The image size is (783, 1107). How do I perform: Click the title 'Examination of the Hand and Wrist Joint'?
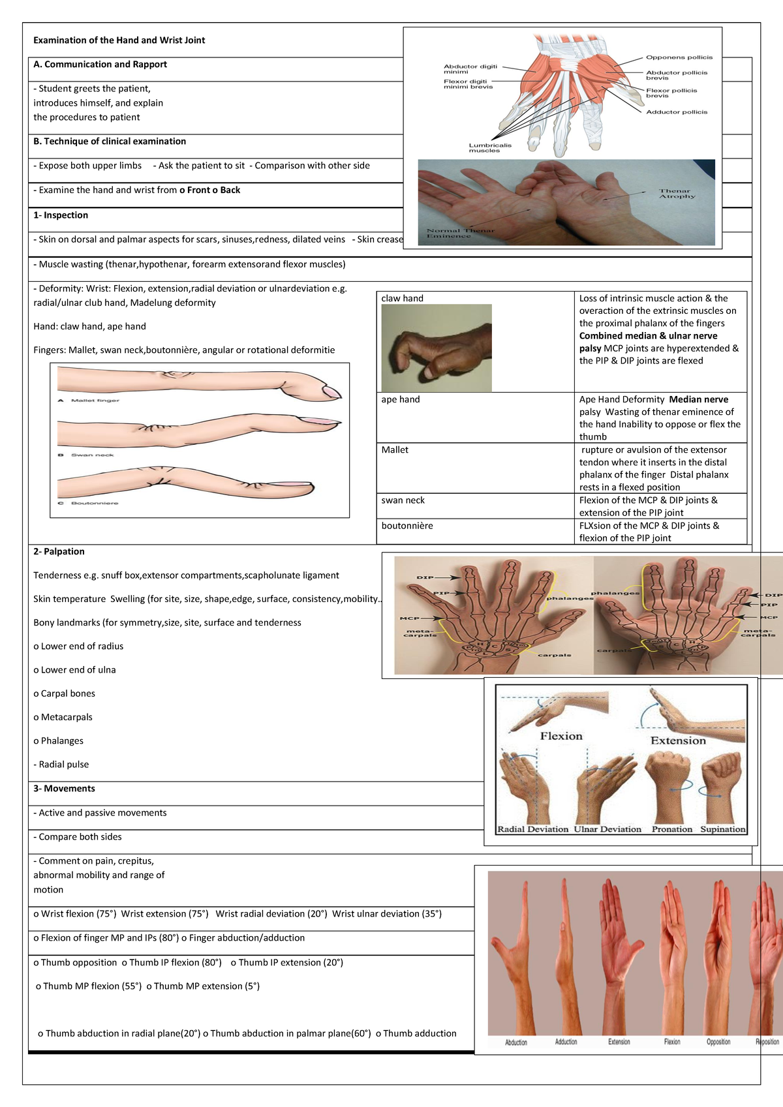[119, 40]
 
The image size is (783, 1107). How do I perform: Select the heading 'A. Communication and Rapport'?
[100, 65]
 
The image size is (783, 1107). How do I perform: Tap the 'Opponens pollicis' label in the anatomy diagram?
[679, 57]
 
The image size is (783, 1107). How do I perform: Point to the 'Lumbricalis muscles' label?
[489, 148]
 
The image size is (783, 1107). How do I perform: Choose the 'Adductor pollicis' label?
[676, 112]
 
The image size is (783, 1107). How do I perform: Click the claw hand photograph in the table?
[437, 348]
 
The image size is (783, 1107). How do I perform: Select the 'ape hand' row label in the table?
[400, 399]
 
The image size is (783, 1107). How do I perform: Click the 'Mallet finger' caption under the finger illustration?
[95, 401]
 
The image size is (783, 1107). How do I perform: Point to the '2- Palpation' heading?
[59, 552]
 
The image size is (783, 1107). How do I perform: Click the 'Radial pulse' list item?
[63, 765]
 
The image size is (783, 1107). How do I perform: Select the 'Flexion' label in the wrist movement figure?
[560, 736]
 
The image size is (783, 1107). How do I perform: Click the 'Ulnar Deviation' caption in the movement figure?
[607, 829]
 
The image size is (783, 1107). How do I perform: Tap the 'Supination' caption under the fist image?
[722, 829]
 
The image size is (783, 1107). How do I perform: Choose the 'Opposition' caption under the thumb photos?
[718, 1042]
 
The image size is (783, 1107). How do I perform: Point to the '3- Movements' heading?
[64, 789]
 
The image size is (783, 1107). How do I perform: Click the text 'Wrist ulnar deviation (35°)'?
[386, 914]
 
